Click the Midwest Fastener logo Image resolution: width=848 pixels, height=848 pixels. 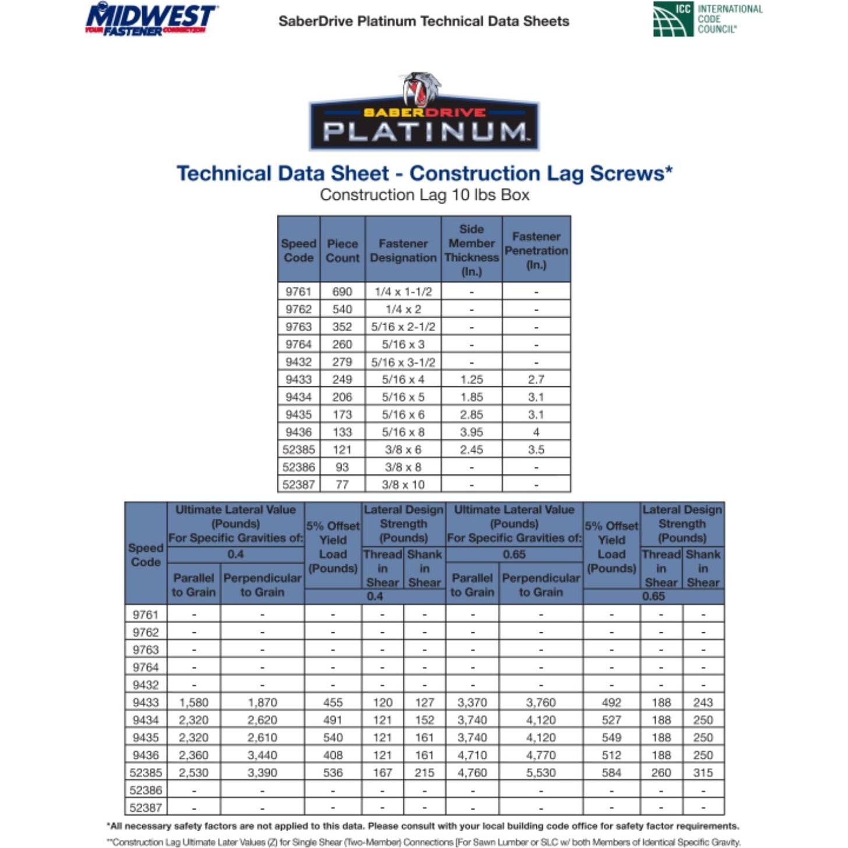tap(152, 19)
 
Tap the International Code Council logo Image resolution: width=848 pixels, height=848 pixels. tap(707, 19)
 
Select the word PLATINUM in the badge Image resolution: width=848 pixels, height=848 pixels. tap(424, 132)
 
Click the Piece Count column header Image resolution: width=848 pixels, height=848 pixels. tap(342, 251)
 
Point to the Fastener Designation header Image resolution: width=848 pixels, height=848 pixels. tap(403, 251)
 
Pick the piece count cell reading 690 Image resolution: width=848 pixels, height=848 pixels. tap(342, 291)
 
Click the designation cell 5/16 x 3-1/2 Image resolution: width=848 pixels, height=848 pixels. tap(403, 362)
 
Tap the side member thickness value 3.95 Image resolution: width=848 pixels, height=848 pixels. tap(471, 432)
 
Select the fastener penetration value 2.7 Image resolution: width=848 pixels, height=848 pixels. tap(536, 379)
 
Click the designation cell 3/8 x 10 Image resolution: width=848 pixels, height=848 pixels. tap(403, 484)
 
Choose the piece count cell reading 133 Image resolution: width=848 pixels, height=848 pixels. tap(342, 432)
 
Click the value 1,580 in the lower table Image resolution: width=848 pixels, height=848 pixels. tap(193, 702)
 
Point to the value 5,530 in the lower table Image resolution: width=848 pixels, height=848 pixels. tap(541, 772)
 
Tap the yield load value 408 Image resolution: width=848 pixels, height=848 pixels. tap(333, 755)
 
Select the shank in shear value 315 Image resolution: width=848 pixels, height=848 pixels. tap(703, 772)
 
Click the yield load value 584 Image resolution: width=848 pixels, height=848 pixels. tap(611, 772)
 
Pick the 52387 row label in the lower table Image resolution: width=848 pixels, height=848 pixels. tap(146, 807)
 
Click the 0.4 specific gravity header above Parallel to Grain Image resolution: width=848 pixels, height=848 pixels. tap(235, 554)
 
